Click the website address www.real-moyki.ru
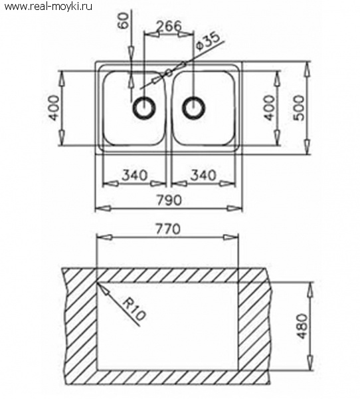point(48,6)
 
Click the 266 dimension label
point(169,26)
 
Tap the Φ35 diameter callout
point(208,41)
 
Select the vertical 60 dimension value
point(124,21)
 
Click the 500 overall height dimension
point(298,108)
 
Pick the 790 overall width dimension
point(169,200)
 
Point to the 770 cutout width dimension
point(168,229)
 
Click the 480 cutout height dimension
point(302,327)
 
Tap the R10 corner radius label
point(134,309)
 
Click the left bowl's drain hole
point(144,107)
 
